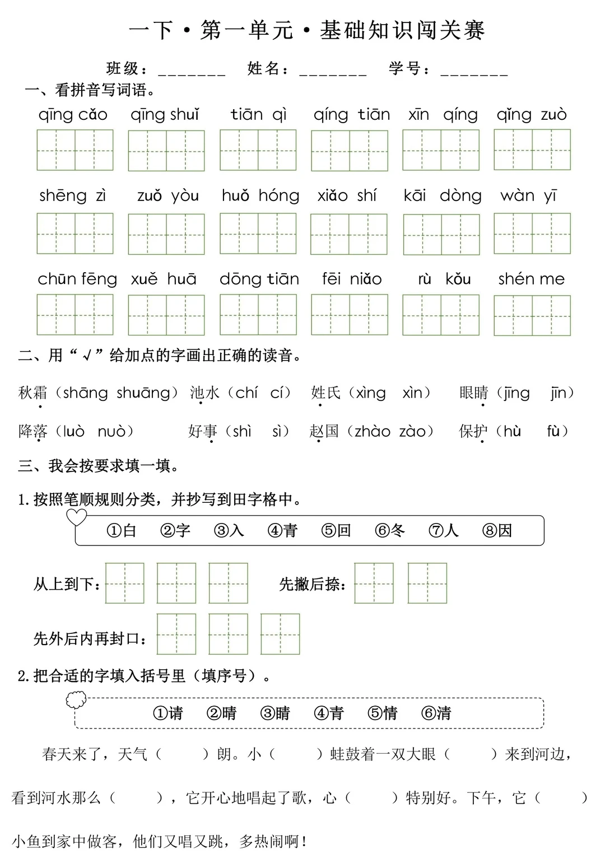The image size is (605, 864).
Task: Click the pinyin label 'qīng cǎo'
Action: tap(73, 115)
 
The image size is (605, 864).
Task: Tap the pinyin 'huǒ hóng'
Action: tap(260, 195)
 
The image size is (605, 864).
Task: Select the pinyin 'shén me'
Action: tap(532, 279)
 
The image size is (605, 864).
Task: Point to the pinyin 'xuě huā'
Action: tap(164, 279)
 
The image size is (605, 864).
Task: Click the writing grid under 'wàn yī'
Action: tap(532, 233)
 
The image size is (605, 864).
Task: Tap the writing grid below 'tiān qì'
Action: tap(258, 150)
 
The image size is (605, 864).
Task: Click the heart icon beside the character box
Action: tap(77, 517)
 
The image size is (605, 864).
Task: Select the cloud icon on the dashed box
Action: tap(76, 699)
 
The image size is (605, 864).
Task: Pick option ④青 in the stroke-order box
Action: tap(282, 530)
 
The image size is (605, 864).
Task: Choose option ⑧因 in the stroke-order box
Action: tap(497, 530)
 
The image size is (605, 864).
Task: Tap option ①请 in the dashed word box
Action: tap(168, 713)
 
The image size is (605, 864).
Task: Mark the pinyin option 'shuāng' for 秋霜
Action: tap(143, 393)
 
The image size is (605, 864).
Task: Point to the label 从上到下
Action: tap(66, 584)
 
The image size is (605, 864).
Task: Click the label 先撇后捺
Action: tap(311, 584)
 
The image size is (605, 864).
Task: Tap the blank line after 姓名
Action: tap(333, 72)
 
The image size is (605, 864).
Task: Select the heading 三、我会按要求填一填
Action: tap(99, 466)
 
